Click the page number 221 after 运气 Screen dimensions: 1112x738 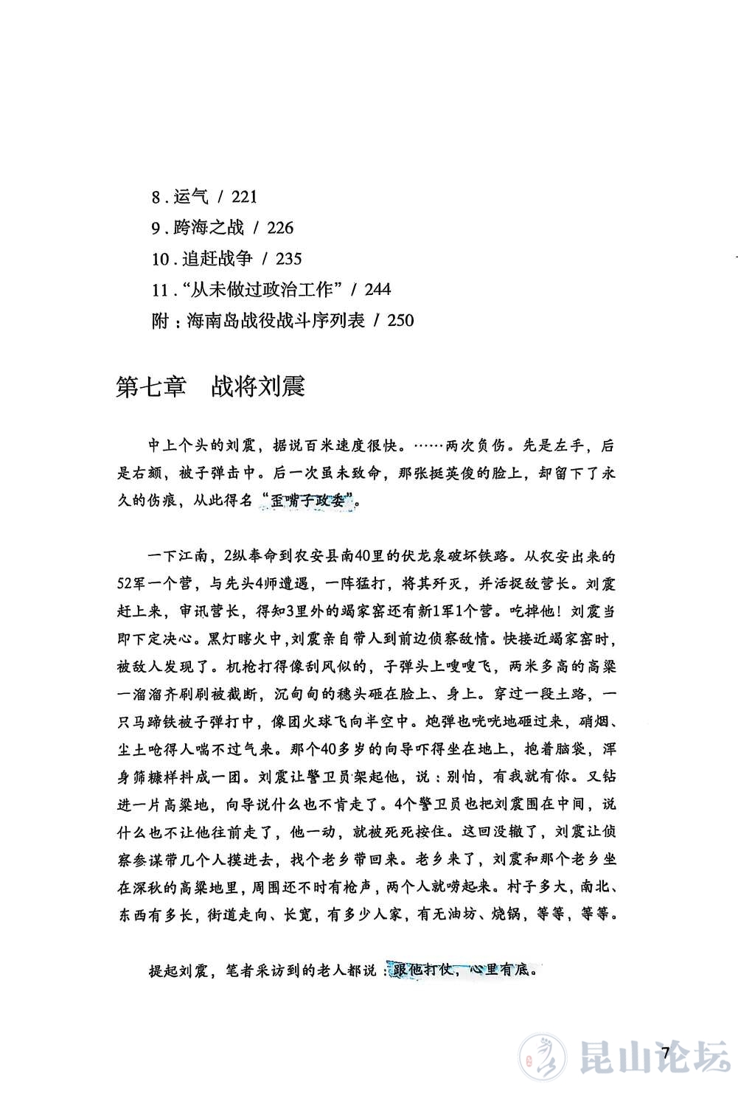point(244,197)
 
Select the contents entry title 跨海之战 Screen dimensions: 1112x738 point(209,228)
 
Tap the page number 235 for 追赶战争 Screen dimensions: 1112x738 point(288,259)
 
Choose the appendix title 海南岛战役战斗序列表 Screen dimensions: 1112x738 point(276,321)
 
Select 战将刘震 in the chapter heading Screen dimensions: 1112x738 point(258,386)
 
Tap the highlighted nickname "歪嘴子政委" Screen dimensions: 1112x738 point(308,501)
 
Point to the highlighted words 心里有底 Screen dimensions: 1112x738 point(504,970)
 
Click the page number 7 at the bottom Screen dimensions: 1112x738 point(668,1053)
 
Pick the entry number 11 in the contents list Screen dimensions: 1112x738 point(160,290)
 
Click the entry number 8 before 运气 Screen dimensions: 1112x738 point(156,197)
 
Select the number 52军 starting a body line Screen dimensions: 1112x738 point(135,584)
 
